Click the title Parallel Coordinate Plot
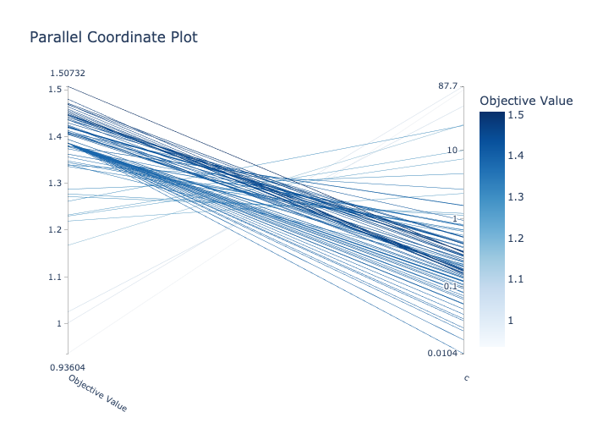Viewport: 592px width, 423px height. [113, 37]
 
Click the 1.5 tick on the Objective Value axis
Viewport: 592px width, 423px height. [55, 90]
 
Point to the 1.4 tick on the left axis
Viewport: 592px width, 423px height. [55, 136]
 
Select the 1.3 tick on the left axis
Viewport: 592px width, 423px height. [55, 183]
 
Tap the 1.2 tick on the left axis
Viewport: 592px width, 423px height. [55, 230]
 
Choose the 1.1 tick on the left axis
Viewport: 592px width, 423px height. [55, 277]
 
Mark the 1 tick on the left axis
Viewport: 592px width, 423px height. [59, 323]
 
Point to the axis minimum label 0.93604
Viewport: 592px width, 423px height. [68, 366]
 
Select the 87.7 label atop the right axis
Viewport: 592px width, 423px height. [448, 85]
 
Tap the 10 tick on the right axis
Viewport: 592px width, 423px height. [452, 151]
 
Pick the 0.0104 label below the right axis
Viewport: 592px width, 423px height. [443, 352]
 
